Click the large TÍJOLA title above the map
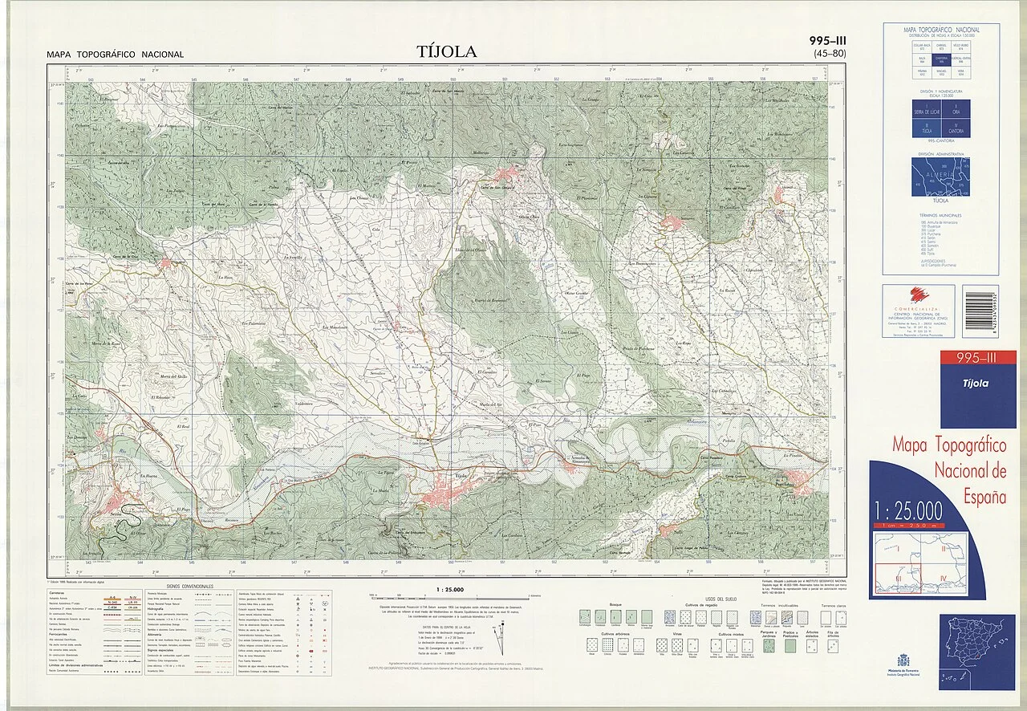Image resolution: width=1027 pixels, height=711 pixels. [447, 52]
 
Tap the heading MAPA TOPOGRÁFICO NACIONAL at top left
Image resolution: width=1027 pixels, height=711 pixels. [116, 55]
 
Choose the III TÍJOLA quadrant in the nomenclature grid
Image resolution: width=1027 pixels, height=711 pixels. [926, 128]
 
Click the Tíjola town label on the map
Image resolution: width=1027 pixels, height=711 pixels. [461, 475]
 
